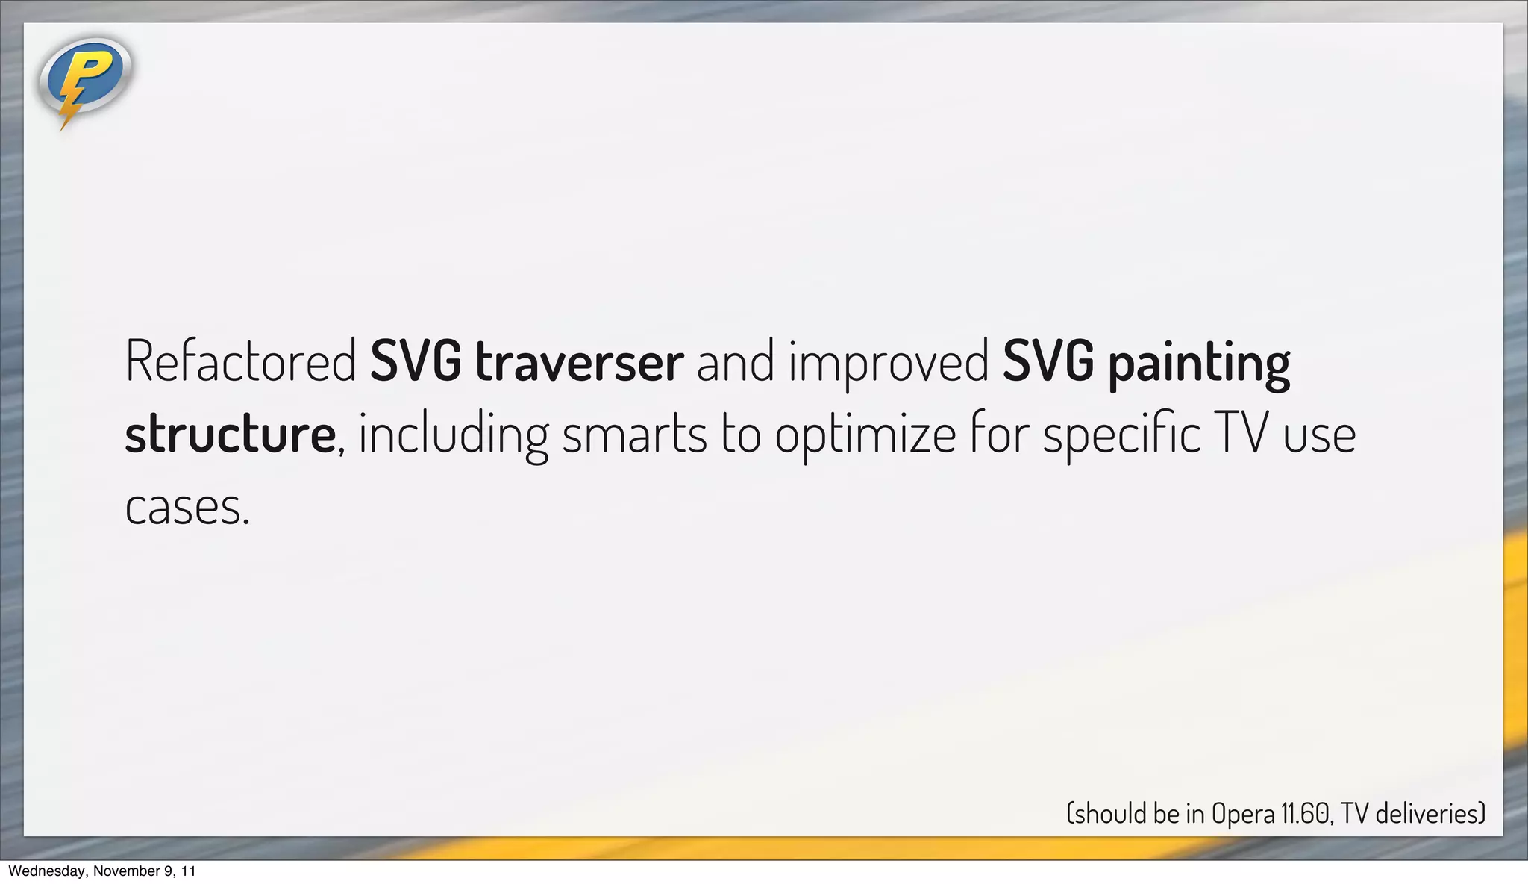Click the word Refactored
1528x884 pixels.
click(x=240, y=362)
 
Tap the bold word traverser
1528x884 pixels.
click(x=579, y=362)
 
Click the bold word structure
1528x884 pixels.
click(x=230, y=435)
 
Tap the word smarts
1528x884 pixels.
click(x=633, y=435)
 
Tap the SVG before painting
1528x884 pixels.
click(x=1048, y=362)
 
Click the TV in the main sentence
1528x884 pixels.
click(x=1241, y=435)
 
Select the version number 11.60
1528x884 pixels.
click(x=1306, y=813)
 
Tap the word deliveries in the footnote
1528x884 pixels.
click(x=1428, y=813)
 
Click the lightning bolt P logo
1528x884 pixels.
click(x=84, y=81)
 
